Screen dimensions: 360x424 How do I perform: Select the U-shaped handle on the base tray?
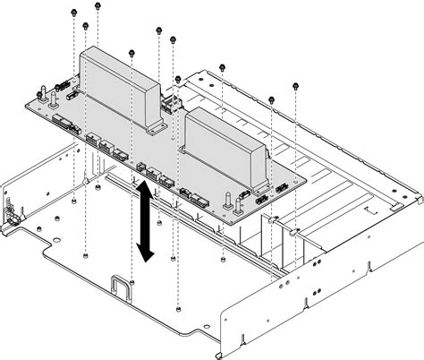pos(122,287)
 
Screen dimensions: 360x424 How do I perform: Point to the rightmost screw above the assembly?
pos(296,88)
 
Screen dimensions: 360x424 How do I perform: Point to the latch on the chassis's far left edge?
pos(12,214)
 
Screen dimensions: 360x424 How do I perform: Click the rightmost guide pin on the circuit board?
pos(238,194)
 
